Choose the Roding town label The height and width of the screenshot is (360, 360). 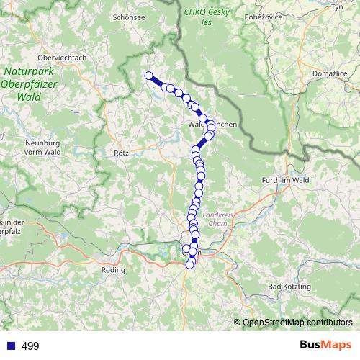[114, 270]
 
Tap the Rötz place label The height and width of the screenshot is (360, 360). [121, 153]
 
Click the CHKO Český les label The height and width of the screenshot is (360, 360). [207, 17]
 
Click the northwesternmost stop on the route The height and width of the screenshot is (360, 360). [149, 76]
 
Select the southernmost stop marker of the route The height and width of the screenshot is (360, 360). [190, 265]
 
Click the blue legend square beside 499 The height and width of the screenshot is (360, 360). [9, 346]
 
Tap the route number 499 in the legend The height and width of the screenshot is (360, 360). [30, 346]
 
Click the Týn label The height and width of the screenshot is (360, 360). [336, 6]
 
